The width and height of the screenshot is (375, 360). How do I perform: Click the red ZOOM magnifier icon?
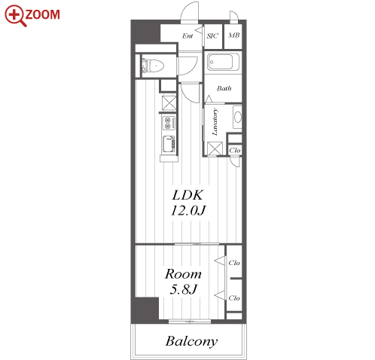point(15,16)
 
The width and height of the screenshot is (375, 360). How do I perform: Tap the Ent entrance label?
point(187,36)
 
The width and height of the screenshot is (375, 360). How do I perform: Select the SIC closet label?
point(212,36)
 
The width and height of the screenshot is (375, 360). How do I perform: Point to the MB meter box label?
point(233,35)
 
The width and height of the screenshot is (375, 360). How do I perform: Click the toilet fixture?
point(153,66)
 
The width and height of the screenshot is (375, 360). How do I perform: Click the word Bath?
point(224,88)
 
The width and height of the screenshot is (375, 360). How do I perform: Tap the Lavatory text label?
point(215,122)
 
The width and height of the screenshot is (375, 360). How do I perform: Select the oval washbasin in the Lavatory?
point(237,117)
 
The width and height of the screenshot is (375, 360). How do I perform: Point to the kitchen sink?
point(169,144)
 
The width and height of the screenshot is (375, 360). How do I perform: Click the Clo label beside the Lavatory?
point(235,151)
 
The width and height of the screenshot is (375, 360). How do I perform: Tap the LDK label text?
point(187,195)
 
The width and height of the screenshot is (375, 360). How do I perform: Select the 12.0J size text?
point(188,210)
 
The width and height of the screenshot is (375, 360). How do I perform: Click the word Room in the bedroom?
point(183,274)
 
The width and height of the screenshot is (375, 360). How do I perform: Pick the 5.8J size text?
point(183,289)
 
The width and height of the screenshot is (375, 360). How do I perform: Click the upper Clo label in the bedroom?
point(234,263)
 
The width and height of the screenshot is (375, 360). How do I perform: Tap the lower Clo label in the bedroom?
point(234,298)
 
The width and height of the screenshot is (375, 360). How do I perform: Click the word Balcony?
point(191,341)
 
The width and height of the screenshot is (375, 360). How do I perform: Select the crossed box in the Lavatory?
point(215,148)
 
